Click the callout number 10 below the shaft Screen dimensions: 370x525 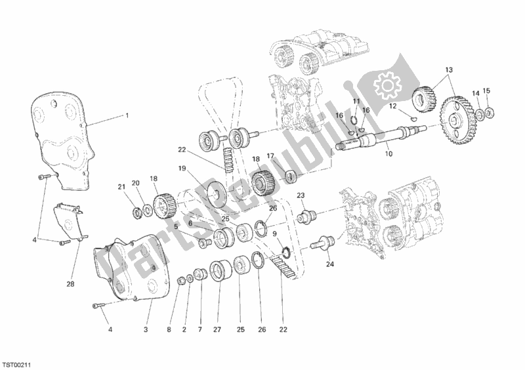388,154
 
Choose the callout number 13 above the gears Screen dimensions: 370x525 449,70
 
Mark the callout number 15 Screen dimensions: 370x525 486,90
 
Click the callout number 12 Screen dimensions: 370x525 392,106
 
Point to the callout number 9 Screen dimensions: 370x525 274,234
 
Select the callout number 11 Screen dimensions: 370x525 356,102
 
